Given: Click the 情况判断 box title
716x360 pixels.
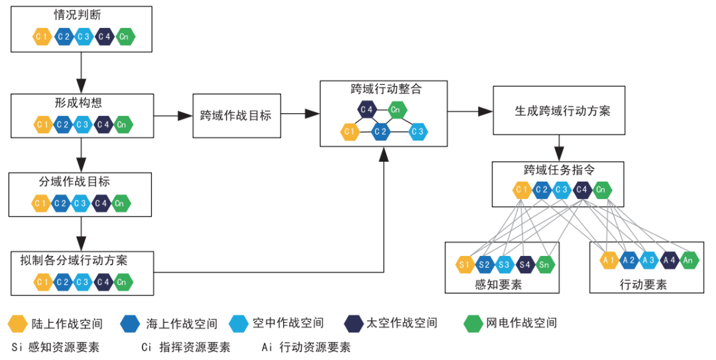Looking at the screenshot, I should [x=78, y=15].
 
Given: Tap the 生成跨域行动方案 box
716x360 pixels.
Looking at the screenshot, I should [x=562, y=111].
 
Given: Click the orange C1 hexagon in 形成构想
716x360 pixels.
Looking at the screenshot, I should [x=43, y=124].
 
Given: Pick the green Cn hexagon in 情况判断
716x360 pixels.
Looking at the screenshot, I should [x=124, y=37].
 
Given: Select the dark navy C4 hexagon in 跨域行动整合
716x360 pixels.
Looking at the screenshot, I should [x=367, y=109].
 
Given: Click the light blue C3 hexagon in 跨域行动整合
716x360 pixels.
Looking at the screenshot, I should [x=417, y=132].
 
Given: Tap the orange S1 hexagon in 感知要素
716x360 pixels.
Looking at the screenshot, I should [x=465, y=265].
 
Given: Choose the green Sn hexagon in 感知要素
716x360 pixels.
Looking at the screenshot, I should [x=545, y=265].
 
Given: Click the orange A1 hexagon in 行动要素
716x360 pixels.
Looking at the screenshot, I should [x=609, y=260].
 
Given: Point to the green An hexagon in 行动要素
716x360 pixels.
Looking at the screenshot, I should [x=689, y=260].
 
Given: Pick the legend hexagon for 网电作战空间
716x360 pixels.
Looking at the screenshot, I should [x=472, y=324].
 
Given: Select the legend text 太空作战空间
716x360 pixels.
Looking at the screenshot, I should [x=401, y=324].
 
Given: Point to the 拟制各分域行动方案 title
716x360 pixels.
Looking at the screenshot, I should [x=74, y=260].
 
